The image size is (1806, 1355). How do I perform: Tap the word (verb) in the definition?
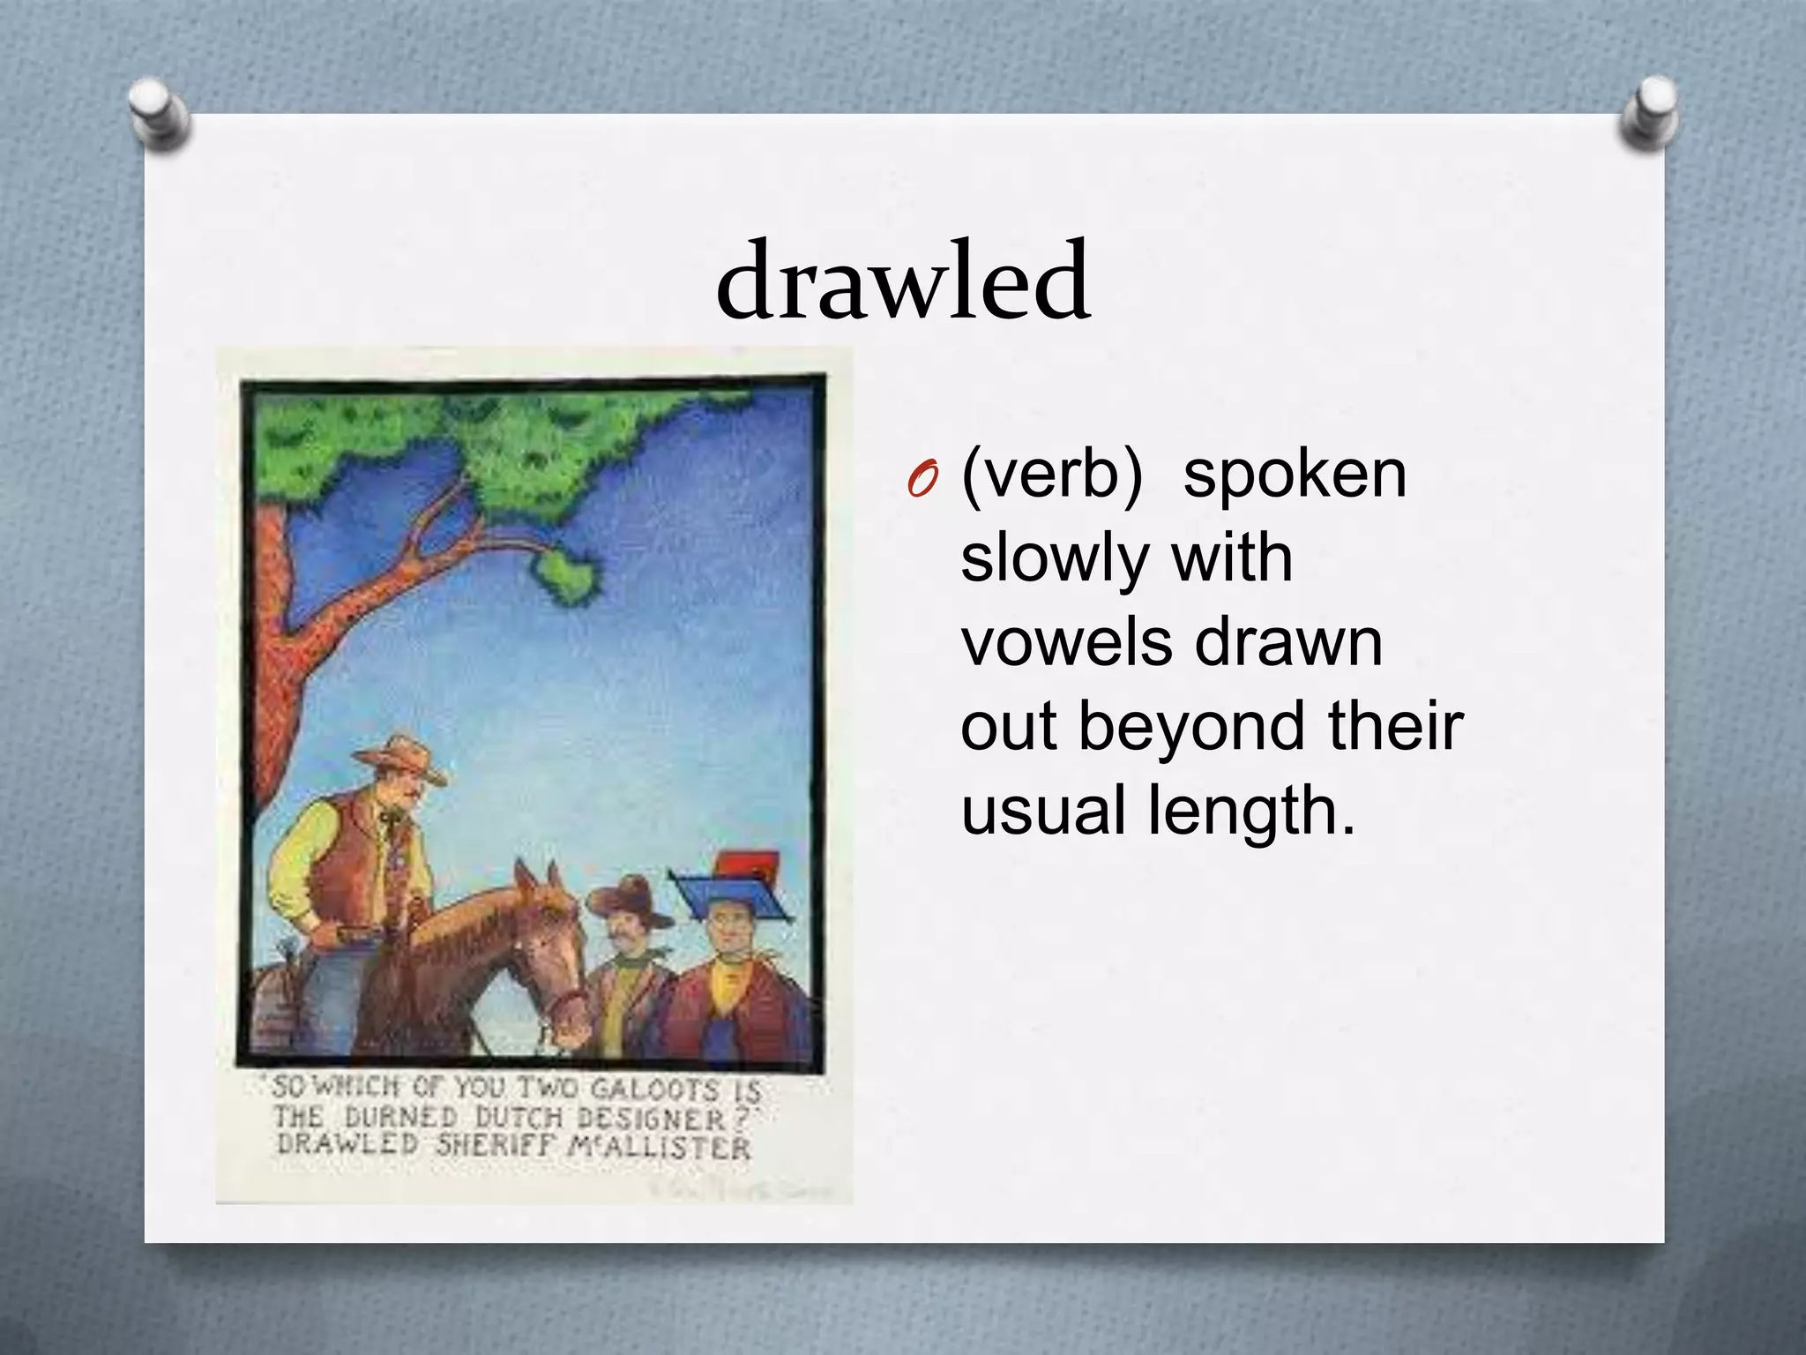[1051, 476]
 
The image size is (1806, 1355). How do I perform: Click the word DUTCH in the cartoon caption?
[519, 1118]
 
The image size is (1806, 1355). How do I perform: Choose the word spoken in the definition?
[1295, 476]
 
